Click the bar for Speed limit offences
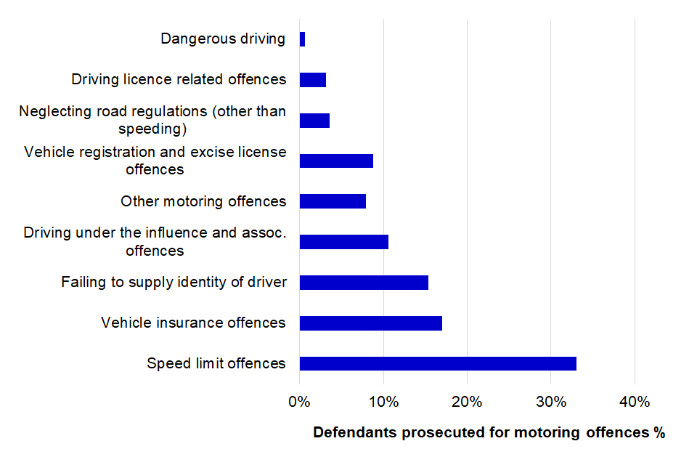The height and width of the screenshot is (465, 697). pos(438,363)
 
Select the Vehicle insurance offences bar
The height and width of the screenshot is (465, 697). pos(370,323)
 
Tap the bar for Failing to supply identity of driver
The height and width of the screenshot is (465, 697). pos(364,283)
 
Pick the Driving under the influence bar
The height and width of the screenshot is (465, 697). pos(343,242)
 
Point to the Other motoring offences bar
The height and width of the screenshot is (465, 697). pos(333,201)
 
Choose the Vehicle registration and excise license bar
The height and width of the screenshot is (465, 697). pos(336,161)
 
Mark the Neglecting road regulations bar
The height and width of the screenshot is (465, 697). pos(314,121)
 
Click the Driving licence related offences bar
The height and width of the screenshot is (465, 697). pos(312,80)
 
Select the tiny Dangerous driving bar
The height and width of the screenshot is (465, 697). pos(302,39)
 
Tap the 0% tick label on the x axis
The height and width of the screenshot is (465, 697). pos(299,401)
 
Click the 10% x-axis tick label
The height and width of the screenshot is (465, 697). pos(383,401)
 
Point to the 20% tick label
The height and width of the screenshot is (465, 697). pos(467,401)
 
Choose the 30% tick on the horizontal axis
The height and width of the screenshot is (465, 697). pos(551,401)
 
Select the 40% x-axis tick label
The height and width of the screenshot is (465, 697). pos(635,401)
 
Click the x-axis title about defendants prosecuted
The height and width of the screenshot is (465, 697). pos(489,433)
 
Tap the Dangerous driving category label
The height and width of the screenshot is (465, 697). pos(223,39)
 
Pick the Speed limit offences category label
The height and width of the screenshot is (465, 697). pos(216,363)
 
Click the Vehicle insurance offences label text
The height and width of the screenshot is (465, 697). pos(193,323)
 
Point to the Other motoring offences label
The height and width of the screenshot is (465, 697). pos(203,201)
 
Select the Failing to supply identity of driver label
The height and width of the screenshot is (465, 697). pos(174,283)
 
